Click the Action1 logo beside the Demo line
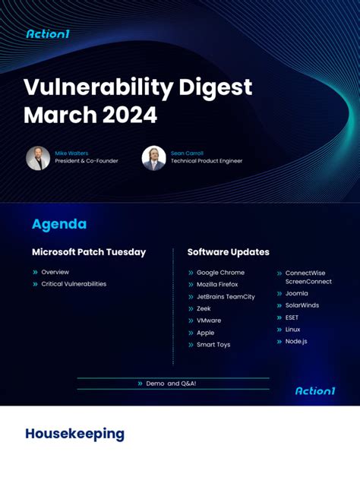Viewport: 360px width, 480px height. (315, 390)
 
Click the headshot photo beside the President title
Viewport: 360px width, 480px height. (38, 158)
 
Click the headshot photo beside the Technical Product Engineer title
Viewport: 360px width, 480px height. (153, 158)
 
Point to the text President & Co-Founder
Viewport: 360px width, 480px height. (86, 161)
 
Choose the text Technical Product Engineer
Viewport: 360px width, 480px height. (207, 161)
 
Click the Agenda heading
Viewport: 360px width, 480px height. (59, 224)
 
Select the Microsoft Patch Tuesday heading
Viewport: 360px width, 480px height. (89, 252)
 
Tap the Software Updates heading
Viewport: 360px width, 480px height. (228, 252)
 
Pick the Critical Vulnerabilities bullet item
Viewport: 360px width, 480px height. (74, 284)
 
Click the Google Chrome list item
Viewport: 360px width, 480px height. (220, 273)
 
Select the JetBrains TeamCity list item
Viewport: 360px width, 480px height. (226, 296)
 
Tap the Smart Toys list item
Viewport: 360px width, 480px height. (213, 345)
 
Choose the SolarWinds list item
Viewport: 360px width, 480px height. (302, 305)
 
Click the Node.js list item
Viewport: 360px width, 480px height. (295, 342)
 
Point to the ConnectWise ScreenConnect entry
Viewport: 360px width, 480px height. (308, 277)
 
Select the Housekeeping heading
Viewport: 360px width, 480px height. (74, 434)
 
